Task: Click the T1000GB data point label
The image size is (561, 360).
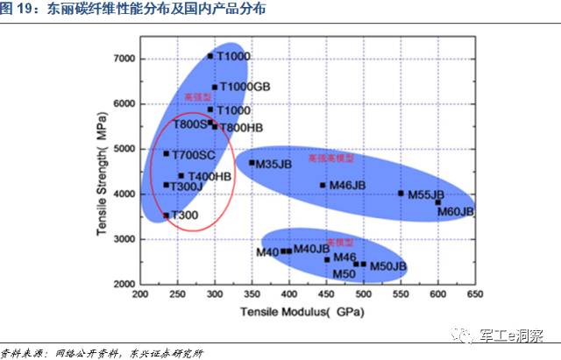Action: [245, 88]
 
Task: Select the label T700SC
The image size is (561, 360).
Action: [193, 155]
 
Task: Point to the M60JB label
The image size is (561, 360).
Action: [455, 212]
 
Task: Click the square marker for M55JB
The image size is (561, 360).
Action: [401, 193]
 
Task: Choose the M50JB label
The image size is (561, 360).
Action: [388, 265]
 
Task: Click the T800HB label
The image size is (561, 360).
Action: [241, 128]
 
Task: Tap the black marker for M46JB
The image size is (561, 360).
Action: [323, 185]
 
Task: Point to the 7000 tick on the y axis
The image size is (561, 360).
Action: [126, 59]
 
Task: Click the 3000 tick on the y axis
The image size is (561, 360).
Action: [126, 239]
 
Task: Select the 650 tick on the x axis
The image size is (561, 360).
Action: [475, 295]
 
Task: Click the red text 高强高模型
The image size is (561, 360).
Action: [330, 159]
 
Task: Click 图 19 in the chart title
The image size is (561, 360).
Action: [20, 11]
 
